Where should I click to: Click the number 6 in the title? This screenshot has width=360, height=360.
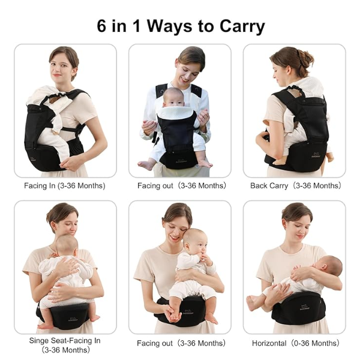coord(101,26)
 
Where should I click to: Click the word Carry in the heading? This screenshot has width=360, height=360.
coord(242,28)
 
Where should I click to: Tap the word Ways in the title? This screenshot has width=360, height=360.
coord(170,27)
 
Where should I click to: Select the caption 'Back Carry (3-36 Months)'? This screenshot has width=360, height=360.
coord(295,185)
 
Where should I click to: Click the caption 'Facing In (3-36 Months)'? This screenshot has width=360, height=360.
coord(65,185)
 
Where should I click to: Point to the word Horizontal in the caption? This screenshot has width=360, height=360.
coord(269,343)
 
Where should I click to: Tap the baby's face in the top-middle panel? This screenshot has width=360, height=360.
coord(173,99)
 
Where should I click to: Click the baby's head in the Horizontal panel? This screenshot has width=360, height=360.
coord(329,266)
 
